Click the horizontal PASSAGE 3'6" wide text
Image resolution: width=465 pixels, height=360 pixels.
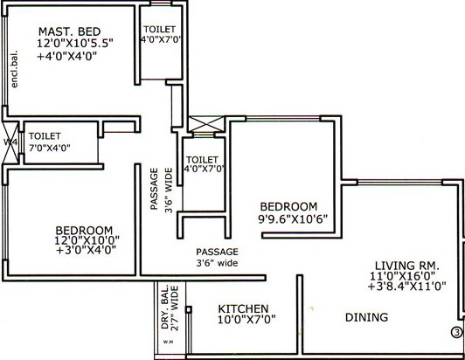pyautogui.click(x=216, y=257)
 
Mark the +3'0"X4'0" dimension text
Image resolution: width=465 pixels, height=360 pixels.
pyautogui.click(x=83, y=250)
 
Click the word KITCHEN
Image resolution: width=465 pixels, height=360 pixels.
pyautogui.click(x=243, y=308)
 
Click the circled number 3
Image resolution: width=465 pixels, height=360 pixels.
pyautogui.click(x=455, y=331)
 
